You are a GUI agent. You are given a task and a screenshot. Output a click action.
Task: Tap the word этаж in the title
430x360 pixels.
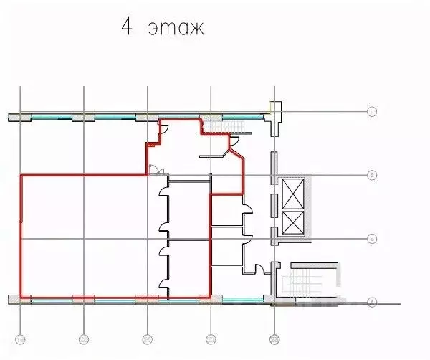click(x=176, y=29)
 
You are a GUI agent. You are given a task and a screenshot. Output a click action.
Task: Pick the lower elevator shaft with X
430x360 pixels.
click(x=294, y=223)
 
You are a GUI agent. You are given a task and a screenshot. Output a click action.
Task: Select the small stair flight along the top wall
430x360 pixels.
click(x=233, y=128)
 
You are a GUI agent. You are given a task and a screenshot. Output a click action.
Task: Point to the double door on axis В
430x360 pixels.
click(x=155, y=170)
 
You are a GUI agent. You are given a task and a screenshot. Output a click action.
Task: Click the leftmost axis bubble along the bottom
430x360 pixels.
click(x=21, y=338)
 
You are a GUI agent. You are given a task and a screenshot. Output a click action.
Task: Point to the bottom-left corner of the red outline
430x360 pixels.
click(x=21, y=297)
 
